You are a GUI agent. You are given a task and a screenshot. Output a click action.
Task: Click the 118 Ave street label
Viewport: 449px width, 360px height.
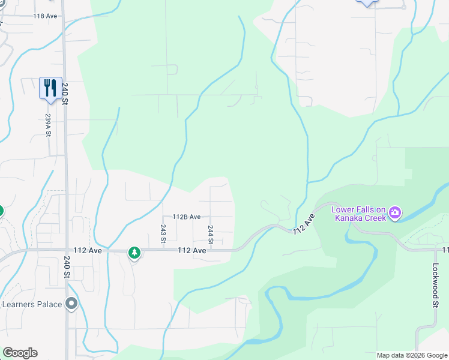(45, 16)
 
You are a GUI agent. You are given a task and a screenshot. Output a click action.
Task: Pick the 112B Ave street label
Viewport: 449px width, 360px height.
(186, 217)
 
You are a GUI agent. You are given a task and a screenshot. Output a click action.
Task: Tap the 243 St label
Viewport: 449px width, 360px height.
(163, 233)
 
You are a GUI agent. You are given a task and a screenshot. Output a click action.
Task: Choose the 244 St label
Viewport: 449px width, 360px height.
(211, 234)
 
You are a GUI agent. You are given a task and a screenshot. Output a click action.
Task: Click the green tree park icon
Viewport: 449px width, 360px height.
(134, 253)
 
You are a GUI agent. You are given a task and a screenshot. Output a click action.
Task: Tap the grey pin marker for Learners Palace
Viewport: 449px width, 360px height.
(72, 304)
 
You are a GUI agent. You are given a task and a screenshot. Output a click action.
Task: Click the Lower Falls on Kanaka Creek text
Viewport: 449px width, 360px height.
(359, 214)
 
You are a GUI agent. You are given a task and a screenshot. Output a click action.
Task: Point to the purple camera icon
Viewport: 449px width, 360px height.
(395, 212)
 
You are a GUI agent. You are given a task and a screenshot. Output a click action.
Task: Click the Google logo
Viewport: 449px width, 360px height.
(20, 353)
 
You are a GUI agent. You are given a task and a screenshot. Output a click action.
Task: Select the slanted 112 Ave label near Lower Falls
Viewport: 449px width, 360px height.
(304, 224)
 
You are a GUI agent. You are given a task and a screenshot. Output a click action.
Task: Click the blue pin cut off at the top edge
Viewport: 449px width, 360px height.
(367, 2)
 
